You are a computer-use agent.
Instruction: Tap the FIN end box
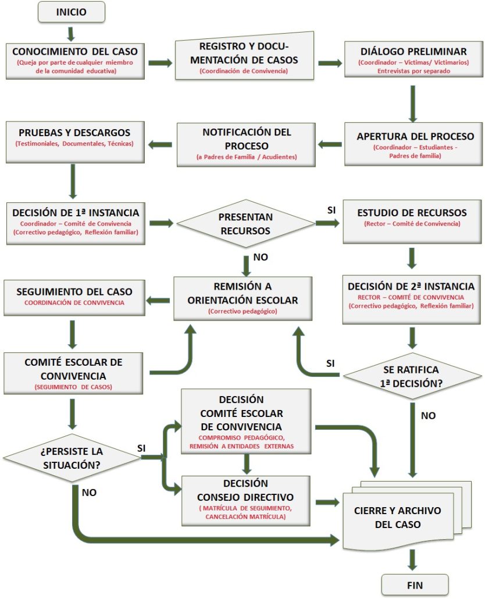pyautogui.click(x=415, y=584)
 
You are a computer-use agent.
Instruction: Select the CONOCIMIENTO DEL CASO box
pyautogui.click(x=74, y=60)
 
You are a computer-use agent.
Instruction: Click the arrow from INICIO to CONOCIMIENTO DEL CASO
pyautogui.click(x=71, y=33)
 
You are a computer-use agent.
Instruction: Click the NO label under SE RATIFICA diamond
pyautogui.click(x=427, y=416)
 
